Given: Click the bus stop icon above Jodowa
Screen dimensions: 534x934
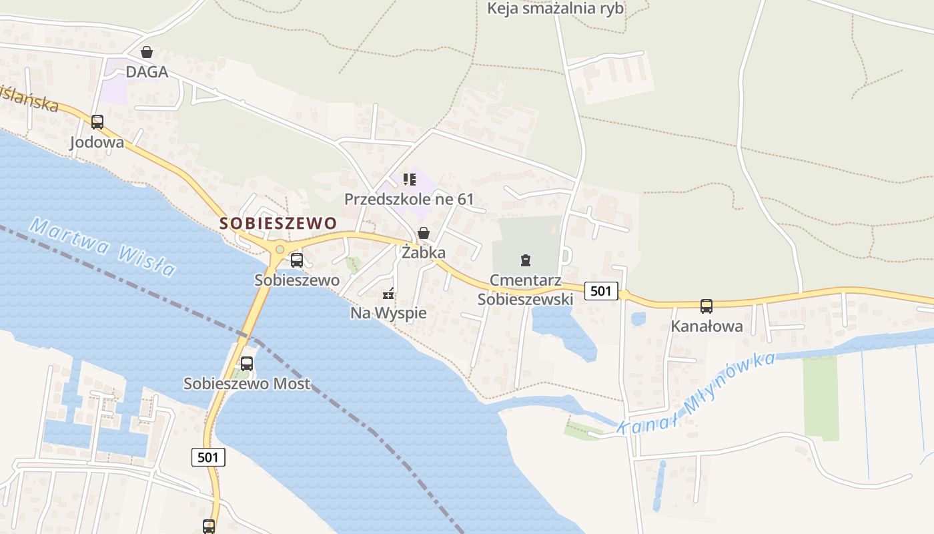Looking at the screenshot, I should pyautogui.click(x=97, y=122).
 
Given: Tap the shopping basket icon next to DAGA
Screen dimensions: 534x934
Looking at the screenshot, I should pyautogui.click(x=147, y=52).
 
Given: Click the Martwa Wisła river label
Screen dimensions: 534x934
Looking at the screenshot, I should pyautogui.click(x=103, y=247).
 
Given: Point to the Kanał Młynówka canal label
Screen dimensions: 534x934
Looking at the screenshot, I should pyautogui.click(x=696, y=393).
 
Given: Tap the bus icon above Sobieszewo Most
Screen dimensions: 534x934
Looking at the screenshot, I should pyautogui.click(x=247, y=364).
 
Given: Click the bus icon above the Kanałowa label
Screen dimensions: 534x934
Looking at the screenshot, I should pyautogui.click(x=707, y=306).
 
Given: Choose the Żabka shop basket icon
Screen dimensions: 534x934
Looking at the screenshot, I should pyautogui.click(x=424, y=233).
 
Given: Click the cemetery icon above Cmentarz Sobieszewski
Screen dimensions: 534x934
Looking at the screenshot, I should pyautogui.click(x=526, y=260).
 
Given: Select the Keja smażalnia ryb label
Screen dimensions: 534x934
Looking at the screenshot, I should pyautogui.click(x=555, y=9).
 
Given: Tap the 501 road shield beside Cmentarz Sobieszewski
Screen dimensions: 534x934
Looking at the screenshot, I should pyautogui.click(x=600, y=290).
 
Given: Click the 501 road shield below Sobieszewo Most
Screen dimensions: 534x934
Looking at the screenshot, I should pyautogui.click(x=208, y=457).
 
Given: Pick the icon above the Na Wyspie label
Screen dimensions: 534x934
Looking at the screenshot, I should pyautogui.click(x=388, y=293).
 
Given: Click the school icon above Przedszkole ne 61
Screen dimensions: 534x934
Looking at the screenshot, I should pyautogui.click(x=410, y=179).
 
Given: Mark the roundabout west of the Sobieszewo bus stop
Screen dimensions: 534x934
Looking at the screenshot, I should pyautogui.click(x=280, y=250).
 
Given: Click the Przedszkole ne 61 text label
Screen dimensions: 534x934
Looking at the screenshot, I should pyautogui.click(x=409, y=199).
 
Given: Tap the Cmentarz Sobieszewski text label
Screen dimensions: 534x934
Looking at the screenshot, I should pyautogui.click(x=525, y=289).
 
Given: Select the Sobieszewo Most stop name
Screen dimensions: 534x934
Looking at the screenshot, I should pyautogui.click(x=247, y=384).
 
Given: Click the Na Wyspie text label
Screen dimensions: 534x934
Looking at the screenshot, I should pyautogui.click(x=388, y=313).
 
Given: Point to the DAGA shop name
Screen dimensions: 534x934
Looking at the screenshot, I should pyautogui.click(x=147, y=72).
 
